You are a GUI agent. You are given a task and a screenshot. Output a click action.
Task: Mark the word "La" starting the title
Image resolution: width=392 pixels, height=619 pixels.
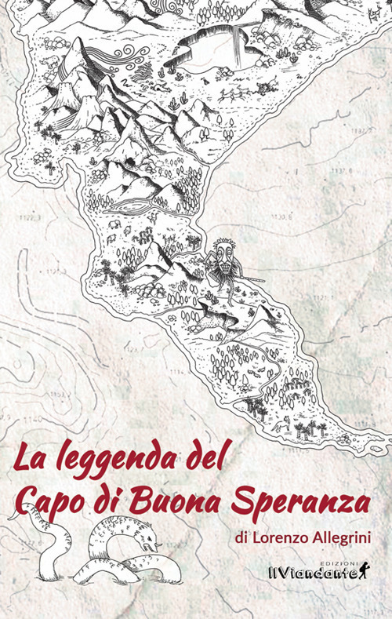(x=30, y=457)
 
